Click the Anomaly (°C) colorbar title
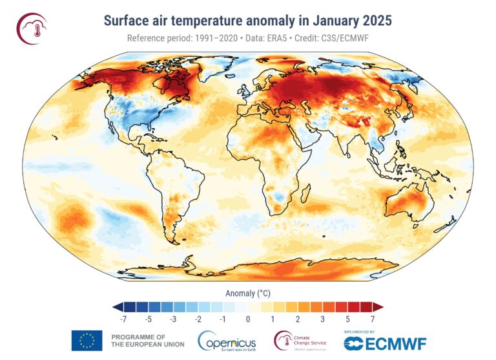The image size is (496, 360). tap(247, 293)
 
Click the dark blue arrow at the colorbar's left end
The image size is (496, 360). tap(116, 306)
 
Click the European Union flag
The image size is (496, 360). tap(87, 340)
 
